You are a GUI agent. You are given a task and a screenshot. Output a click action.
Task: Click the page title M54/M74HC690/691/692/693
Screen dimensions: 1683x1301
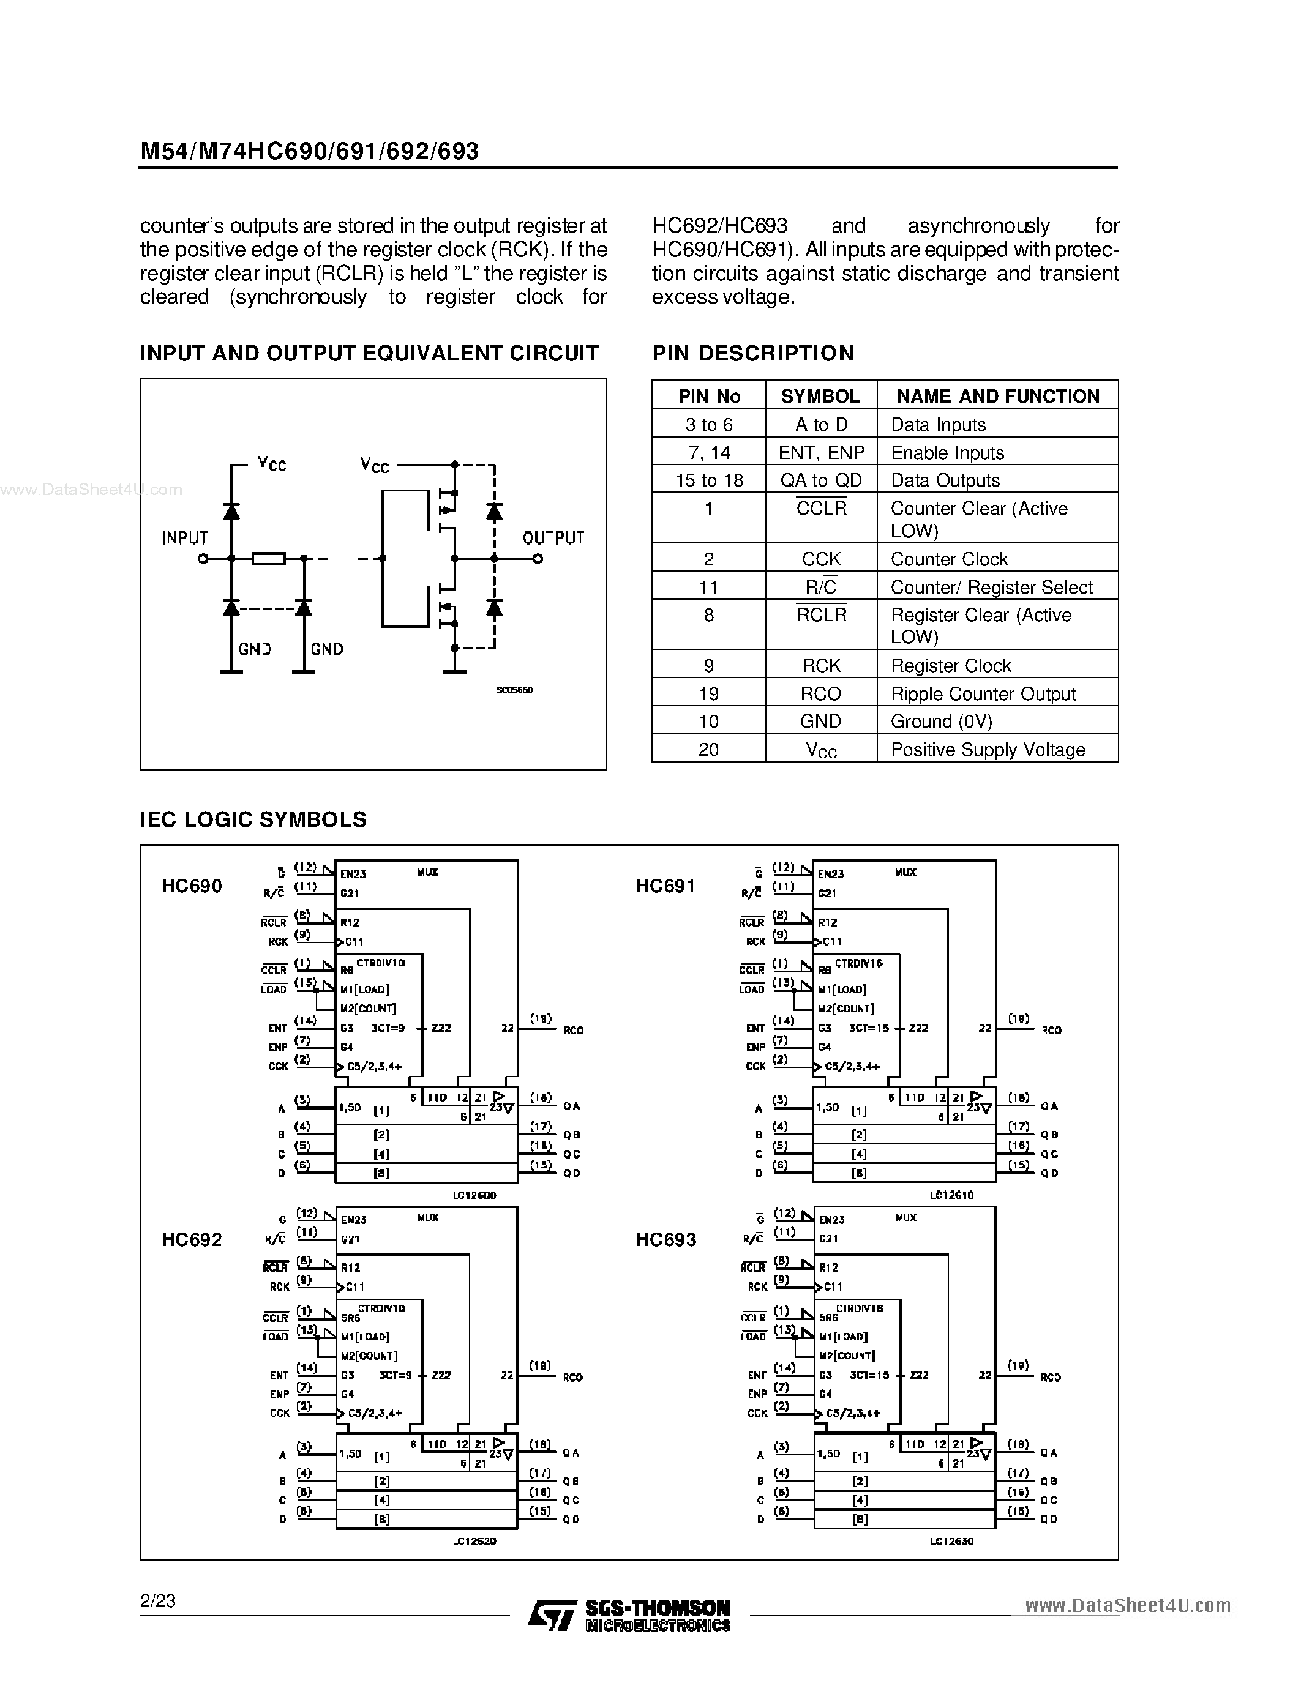309,151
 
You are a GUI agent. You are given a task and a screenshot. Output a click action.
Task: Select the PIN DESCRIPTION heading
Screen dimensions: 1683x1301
753,353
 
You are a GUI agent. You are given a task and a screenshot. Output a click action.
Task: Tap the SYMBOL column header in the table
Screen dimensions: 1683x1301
820,396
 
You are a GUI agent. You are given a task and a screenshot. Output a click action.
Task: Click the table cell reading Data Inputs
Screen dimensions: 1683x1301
938,425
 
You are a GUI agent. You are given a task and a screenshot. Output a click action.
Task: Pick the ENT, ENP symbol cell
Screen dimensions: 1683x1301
821,452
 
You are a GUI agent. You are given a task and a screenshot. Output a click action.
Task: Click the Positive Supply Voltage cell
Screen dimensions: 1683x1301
988,750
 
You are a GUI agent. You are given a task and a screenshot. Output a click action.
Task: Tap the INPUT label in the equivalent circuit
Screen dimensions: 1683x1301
185,538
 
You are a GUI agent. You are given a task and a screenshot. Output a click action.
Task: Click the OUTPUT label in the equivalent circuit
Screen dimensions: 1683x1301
553,538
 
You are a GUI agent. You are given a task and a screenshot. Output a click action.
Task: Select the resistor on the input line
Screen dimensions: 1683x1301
269,559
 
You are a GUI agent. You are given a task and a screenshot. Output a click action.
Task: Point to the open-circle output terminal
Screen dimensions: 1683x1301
538,559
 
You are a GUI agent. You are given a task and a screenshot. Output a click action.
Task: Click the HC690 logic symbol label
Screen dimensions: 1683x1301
192,886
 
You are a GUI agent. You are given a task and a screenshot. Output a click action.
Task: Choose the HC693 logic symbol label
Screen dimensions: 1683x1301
666,1240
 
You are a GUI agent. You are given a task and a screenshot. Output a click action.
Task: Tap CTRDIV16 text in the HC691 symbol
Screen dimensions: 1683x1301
858,963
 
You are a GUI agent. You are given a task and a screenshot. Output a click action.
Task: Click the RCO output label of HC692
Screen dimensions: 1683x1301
572,1377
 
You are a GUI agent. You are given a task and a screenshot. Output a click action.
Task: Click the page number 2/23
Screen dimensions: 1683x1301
158,1602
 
